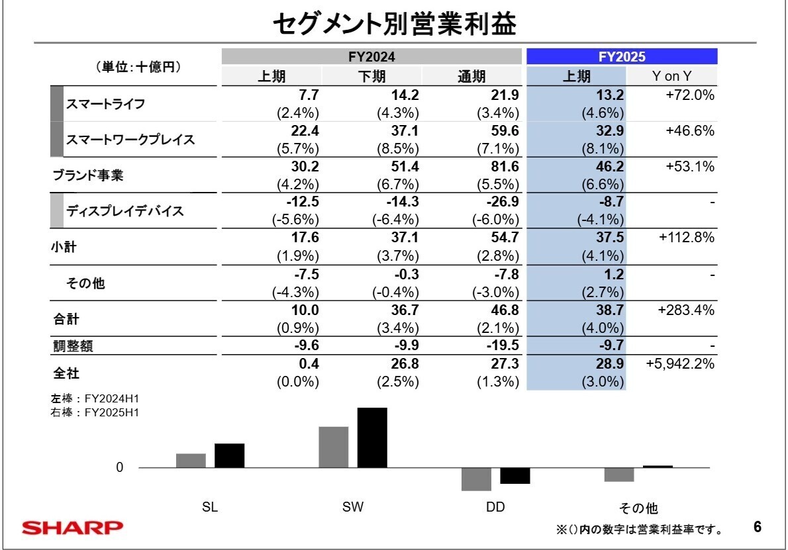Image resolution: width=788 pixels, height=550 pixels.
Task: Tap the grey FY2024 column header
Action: click(371, 57)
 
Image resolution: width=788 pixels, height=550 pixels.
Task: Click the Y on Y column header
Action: click(671, 76)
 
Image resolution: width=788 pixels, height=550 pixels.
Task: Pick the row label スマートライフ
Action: click(105, 104)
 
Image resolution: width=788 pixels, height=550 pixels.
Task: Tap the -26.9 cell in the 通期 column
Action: click(501, 202)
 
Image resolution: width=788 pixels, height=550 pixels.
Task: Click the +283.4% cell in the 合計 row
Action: click(686, 310)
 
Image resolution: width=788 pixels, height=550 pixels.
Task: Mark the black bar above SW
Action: click(372, 437)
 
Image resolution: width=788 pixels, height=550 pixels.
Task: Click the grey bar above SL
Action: click(191, 461)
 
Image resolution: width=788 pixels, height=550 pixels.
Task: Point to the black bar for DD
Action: click(515, 476)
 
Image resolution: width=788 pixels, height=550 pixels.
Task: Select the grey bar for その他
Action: click(619, 475)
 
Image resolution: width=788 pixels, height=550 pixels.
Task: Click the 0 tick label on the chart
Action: click(120, 468)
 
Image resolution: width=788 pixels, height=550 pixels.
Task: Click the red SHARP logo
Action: click(72, 528)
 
